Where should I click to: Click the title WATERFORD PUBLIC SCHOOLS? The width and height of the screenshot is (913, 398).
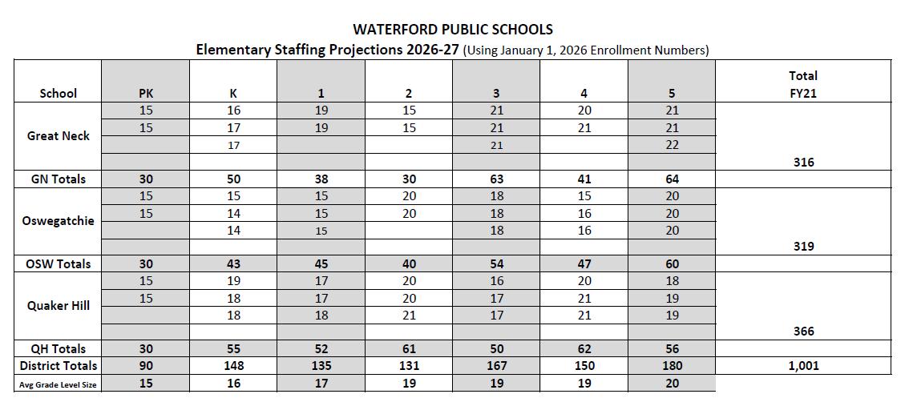[x=452, y=30]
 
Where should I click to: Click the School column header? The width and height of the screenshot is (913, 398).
[x=59, y=93]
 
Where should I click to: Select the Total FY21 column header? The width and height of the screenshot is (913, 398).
[x=802, y=84]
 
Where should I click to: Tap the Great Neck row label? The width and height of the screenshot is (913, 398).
[x=59, y=135]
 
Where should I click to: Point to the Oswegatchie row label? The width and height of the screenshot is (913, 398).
[x=59, y=221]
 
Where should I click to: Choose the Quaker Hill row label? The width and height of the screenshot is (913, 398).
[x=59, y=305]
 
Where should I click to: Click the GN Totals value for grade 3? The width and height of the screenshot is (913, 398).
[x=496, y=179]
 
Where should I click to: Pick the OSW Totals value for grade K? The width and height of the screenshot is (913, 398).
[x=233, y=264]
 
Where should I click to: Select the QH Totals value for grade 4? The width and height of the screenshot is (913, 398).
[x=584, y=348]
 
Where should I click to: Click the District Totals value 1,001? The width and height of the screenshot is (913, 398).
[x=802, y=366]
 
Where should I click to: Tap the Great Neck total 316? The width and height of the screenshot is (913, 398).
[x=803, y=162]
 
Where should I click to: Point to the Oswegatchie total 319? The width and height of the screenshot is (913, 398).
[x=803, y=247]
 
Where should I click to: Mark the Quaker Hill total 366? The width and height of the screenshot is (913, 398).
[x=803, y=332]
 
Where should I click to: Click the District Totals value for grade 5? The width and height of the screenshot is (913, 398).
[x=672, y=366]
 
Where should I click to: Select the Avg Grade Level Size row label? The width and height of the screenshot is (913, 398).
[x=59, y=384]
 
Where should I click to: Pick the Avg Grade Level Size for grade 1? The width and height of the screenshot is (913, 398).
[x=321, y=384]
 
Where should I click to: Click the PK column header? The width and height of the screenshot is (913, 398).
[x=146, y=93]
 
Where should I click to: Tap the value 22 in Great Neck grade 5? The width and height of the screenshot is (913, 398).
[x=672, y=145]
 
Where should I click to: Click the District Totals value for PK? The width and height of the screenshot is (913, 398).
[x=146, y=366]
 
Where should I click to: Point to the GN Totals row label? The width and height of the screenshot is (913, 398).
[x=59, y=179]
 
